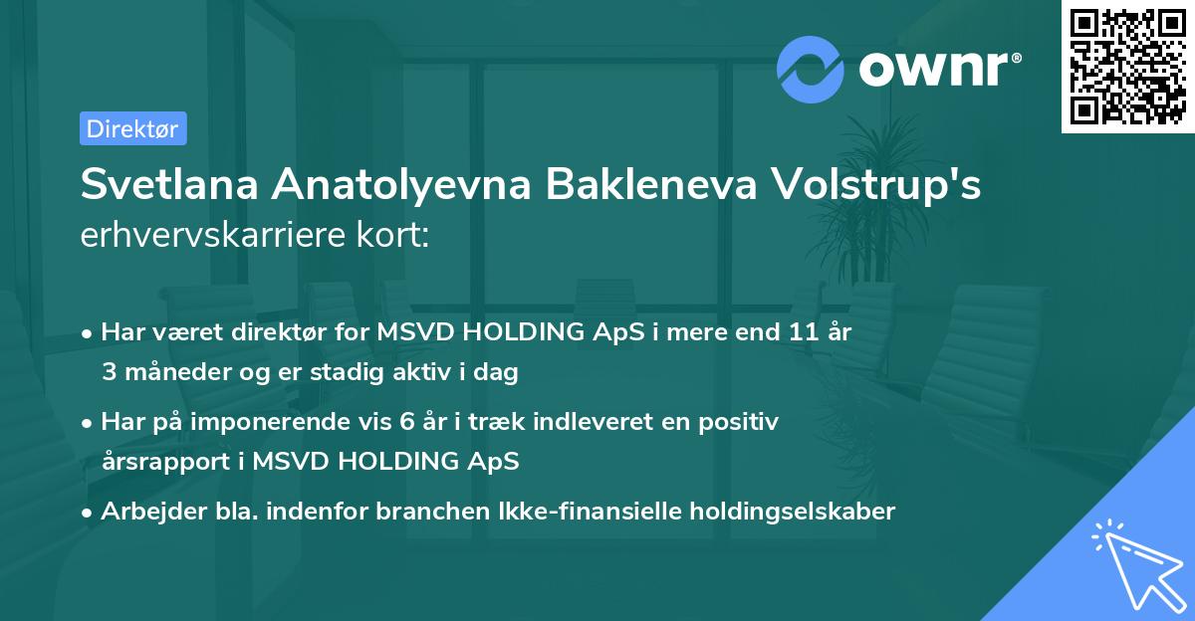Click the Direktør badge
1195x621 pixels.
click(132, 128)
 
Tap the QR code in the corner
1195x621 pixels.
click(1126, 66)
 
